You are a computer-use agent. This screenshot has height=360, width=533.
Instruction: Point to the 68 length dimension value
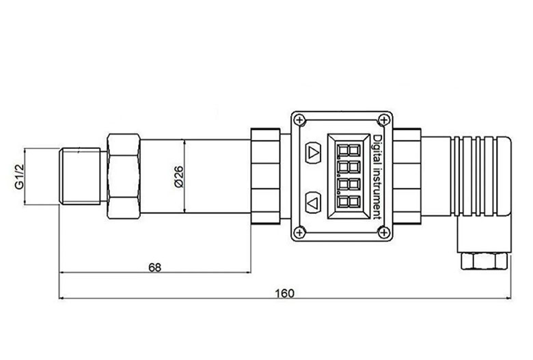(155, 267)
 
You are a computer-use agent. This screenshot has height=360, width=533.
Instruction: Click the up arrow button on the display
(314, 152)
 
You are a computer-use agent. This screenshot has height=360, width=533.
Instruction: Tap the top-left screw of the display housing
(300, 120)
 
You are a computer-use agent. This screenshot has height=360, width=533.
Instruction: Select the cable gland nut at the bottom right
(484, 260)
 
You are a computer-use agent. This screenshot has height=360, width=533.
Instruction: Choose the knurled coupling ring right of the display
(408, 176)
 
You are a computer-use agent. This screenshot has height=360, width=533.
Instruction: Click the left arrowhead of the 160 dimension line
(63, 299)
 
